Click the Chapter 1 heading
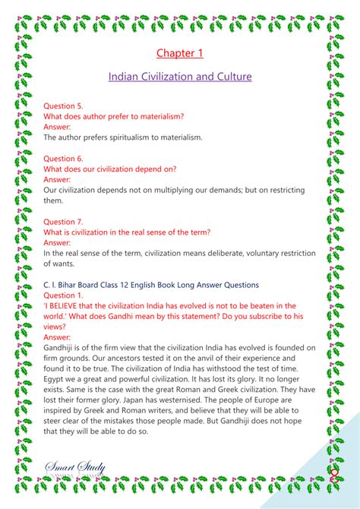pos(180,52)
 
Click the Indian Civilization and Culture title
pos(180,77)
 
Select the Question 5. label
pos(63,106)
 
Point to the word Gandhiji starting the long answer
pos(63,347)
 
